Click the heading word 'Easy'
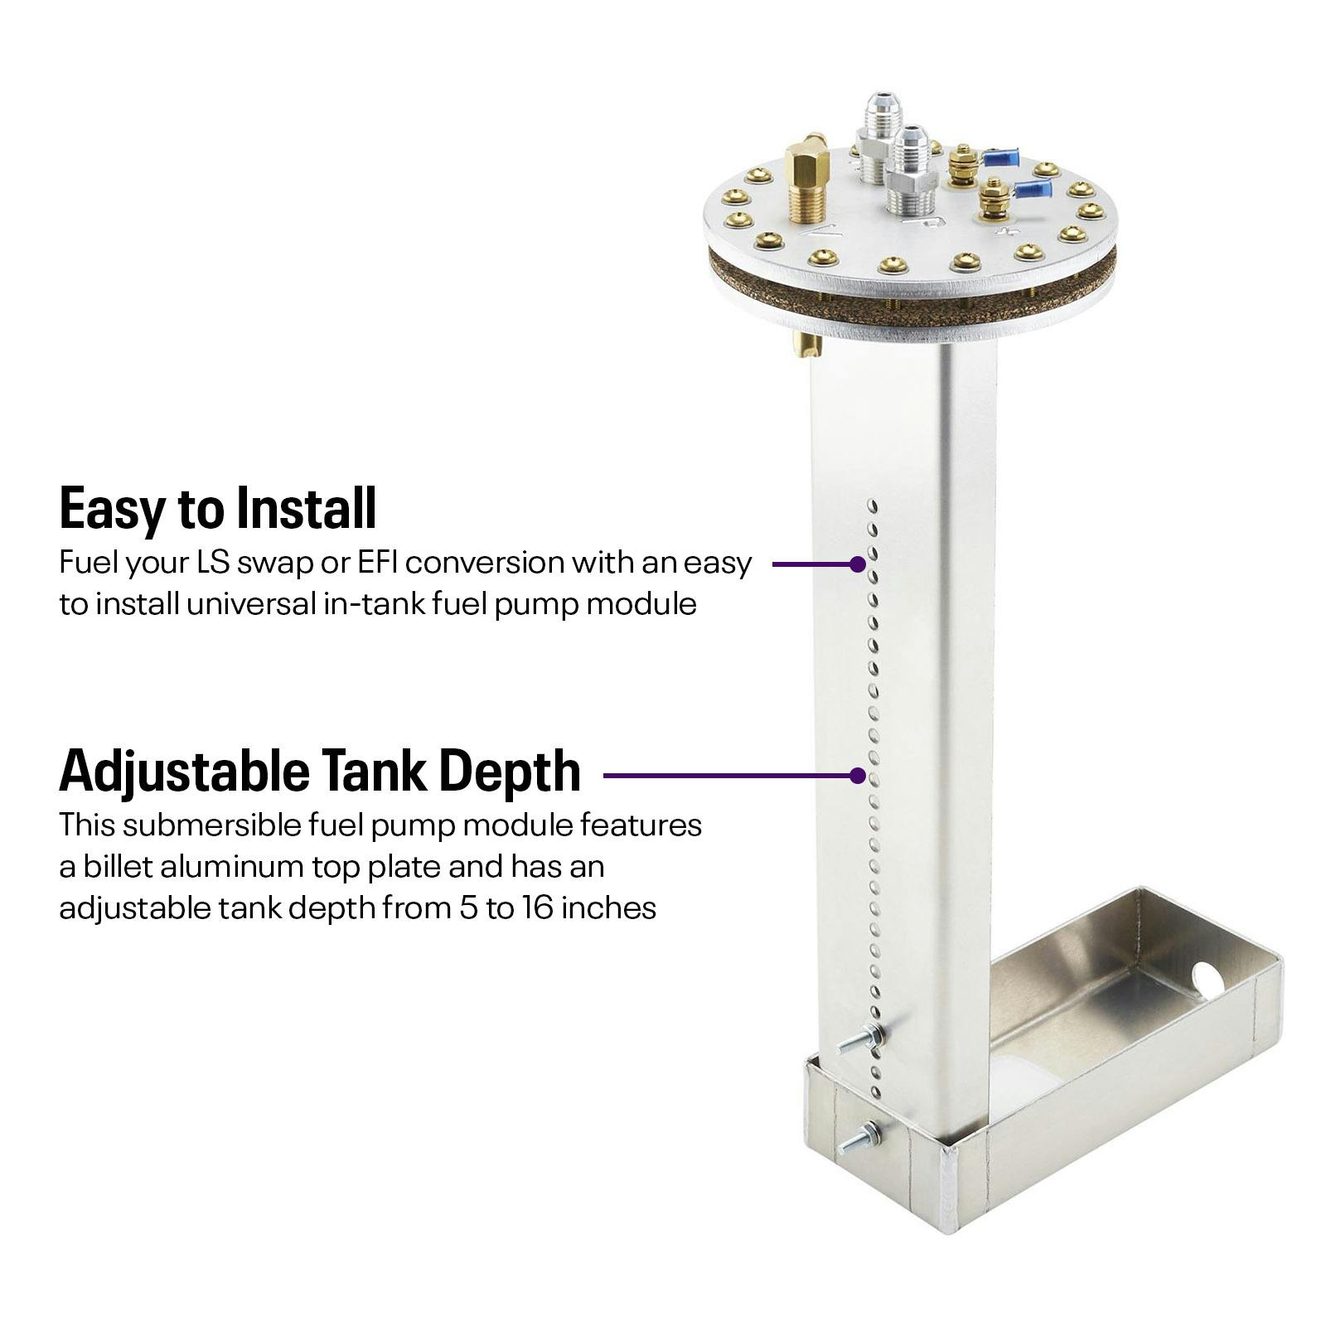(x=111, y=508)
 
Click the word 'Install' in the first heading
(x=307, y=508)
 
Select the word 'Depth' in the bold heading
(x=509, y=771)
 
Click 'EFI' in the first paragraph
(x=379, y=563)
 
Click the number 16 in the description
(x=538, y=908)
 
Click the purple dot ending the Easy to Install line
(x=858, y=564)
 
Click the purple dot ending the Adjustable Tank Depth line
(x=858, y=776)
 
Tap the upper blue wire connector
(x=1001, y=157)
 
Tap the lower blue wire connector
(x=1032, y=190)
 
